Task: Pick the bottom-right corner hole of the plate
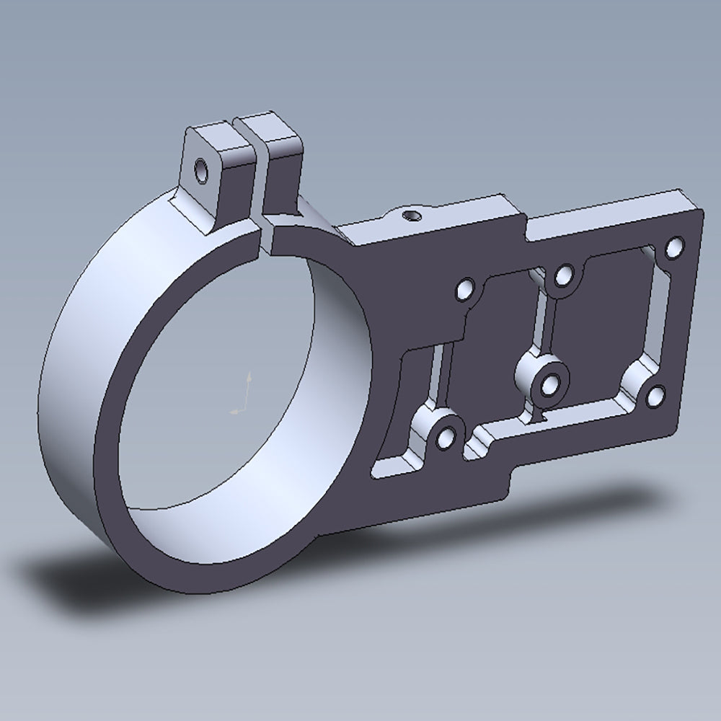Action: click(655, 395)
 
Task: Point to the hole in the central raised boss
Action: click(551, 385)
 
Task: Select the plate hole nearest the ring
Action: click(465, 290)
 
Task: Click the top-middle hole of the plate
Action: click(564, 275)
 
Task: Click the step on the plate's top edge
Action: click(521, 216)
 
